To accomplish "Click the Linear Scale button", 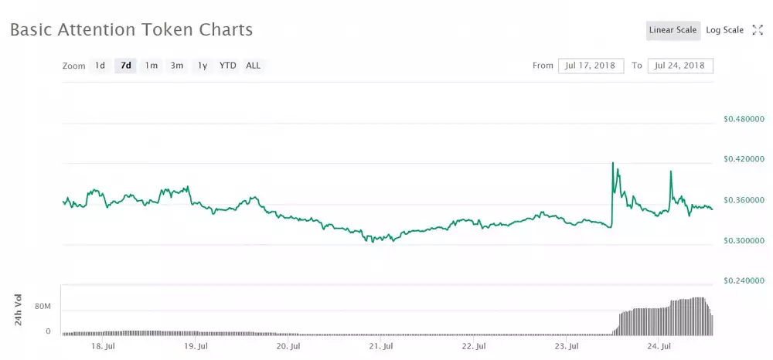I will (x=673, y=30).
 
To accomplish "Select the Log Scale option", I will (x=724, y=30).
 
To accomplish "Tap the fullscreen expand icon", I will (x=758, y=30).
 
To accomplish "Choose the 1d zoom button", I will (x=100, y=66).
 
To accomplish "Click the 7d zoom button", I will (x=125, y=66).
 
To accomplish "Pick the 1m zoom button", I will (x=152, y=66).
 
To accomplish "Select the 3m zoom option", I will (x=177, y=66).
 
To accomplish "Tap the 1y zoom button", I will (x=203, y=66).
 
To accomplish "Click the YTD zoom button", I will (x=227, y=66).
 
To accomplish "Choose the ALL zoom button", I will (x=254, y=66).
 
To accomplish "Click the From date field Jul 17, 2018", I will (x=591, y=66).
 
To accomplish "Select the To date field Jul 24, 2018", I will (x=680, y=66).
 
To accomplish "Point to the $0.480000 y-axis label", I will (x=743, y=120).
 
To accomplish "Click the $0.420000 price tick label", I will (x=743, y=160).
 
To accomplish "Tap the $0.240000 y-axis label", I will (x=743, y=281).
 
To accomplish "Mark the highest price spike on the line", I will (x=612, y=163).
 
